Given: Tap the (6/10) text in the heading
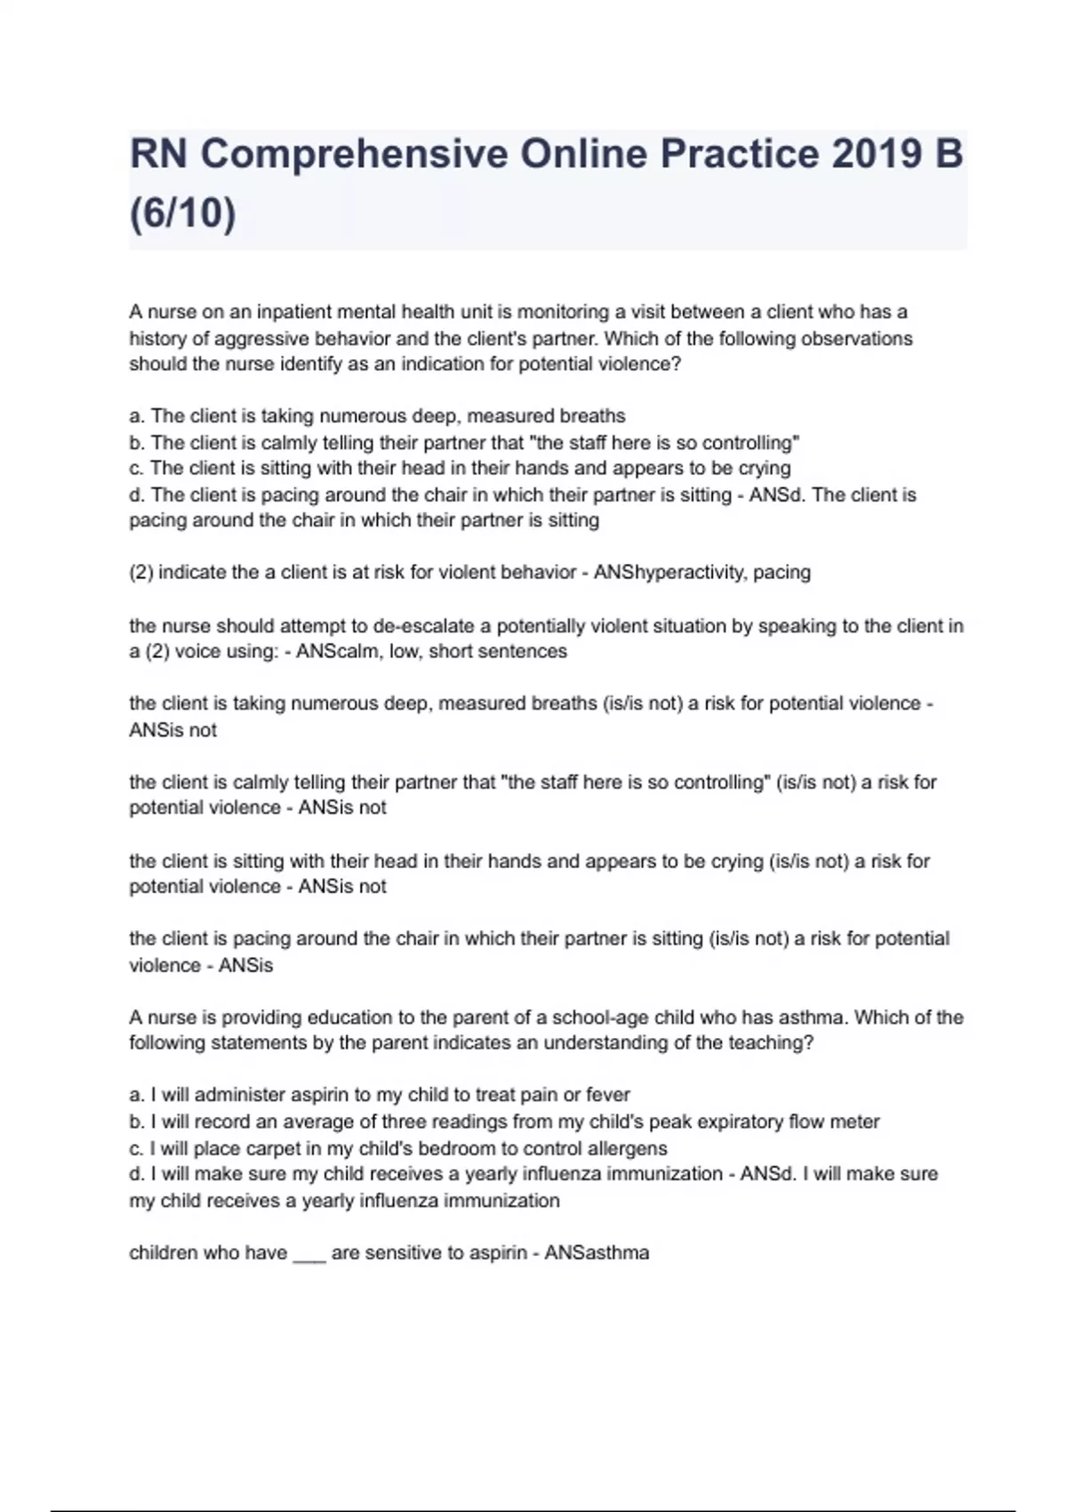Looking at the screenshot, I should [183, 213].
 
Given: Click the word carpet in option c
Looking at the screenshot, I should [248, 1148].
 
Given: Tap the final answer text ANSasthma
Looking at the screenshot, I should [597, 1253].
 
